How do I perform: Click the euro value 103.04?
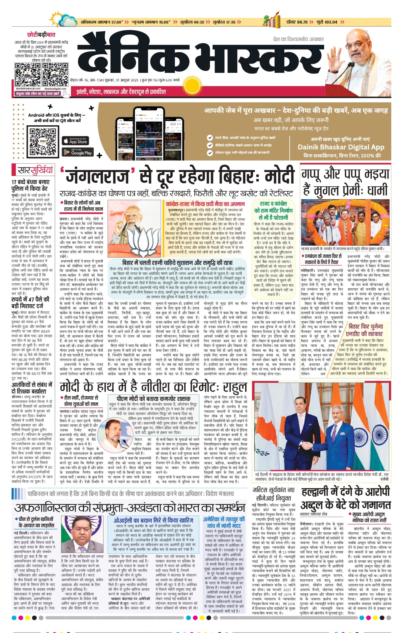[x=331, y=22]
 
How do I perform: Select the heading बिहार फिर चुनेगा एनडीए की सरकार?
[x=366, y=330]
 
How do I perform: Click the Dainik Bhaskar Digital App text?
[x=341, y=147]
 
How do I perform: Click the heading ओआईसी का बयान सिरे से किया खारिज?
[x=153, y=520]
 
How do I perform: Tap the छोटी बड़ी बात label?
[x=41, y=35]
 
